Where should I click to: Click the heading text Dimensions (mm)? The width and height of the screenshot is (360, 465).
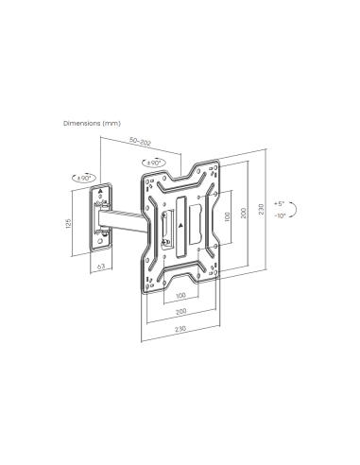(92, 123)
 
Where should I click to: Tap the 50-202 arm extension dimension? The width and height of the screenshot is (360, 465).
(141, 143)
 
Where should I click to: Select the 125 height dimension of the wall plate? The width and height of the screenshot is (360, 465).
(69, 223)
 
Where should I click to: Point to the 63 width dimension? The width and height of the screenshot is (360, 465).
(101, 267)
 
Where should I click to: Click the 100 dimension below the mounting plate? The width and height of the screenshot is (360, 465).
(180, 296)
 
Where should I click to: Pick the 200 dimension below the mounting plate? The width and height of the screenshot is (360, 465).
(181, 312)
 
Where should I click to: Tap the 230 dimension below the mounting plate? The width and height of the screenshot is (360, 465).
(180, 329)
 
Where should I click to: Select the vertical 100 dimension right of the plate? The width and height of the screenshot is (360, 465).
(228, 216)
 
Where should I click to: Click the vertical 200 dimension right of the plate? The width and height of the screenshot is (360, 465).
(244, 214)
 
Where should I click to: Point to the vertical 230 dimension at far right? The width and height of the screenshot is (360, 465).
(261, 210)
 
